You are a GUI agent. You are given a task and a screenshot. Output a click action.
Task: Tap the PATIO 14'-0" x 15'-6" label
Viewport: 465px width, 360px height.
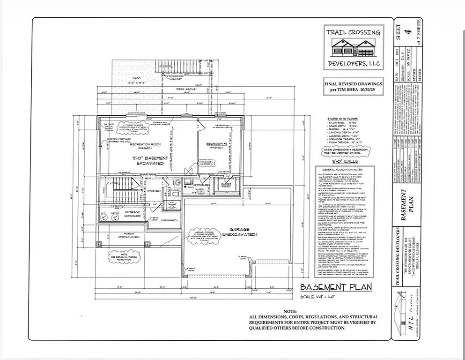point(137,80)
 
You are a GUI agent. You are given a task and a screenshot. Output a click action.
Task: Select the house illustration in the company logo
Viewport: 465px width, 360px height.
point(354,47)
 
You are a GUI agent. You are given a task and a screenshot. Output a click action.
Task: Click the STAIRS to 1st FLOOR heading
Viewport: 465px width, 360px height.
point(342,120)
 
